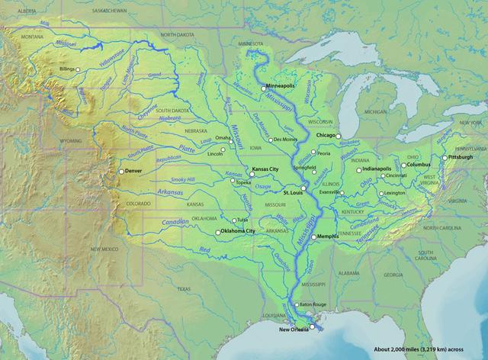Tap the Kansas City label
265,167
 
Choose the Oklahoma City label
238,230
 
